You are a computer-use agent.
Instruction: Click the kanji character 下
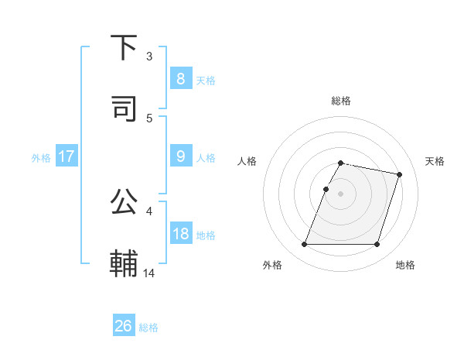click(125, 48)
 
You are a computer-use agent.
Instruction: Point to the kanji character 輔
click(125, 263)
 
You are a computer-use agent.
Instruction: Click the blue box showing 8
click(180, 78)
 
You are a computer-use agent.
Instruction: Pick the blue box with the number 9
click(180, 156)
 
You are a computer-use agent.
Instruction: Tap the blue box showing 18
click(180, 233)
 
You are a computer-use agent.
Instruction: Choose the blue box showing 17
click(67, 156)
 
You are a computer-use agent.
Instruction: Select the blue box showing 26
click(124, 326)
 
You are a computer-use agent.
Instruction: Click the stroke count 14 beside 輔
click(150, 273)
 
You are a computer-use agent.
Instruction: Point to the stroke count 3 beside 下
click(149, 56)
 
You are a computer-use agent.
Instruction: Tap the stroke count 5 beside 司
click(149, 118)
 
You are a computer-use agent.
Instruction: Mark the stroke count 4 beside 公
click(149, 211)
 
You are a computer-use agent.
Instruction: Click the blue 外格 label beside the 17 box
click(41, 157)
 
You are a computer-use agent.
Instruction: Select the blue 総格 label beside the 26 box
click(148, 328)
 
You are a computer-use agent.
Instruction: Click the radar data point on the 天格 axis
click(400, 174)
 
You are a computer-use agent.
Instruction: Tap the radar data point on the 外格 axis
click(305, 245)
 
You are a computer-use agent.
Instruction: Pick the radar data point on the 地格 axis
click(377, 245)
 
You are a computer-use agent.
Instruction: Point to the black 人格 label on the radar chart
click(247, 161)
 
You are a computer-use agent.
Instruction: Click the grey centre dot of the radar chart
click(340, 194)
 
